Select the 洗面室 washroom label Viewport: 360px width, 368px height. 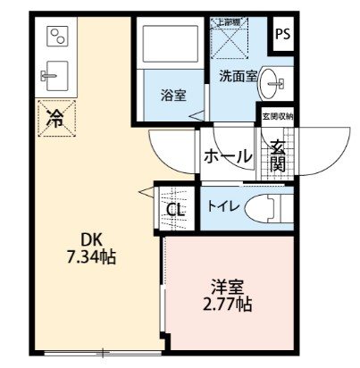pyautogui.click(x=239, y=77)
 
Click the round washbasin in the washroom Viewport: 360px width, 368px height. pyautogui.click(x=272, y=83)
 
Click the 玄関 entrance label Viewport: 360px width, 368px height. pyautogui.click(x=278, y=156)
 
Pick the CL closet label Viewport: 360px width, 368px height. pyautogui.click(x=175, y=211)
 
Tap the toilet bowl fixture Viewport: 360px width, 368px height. pyautogui.click(x=269, y=206)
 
